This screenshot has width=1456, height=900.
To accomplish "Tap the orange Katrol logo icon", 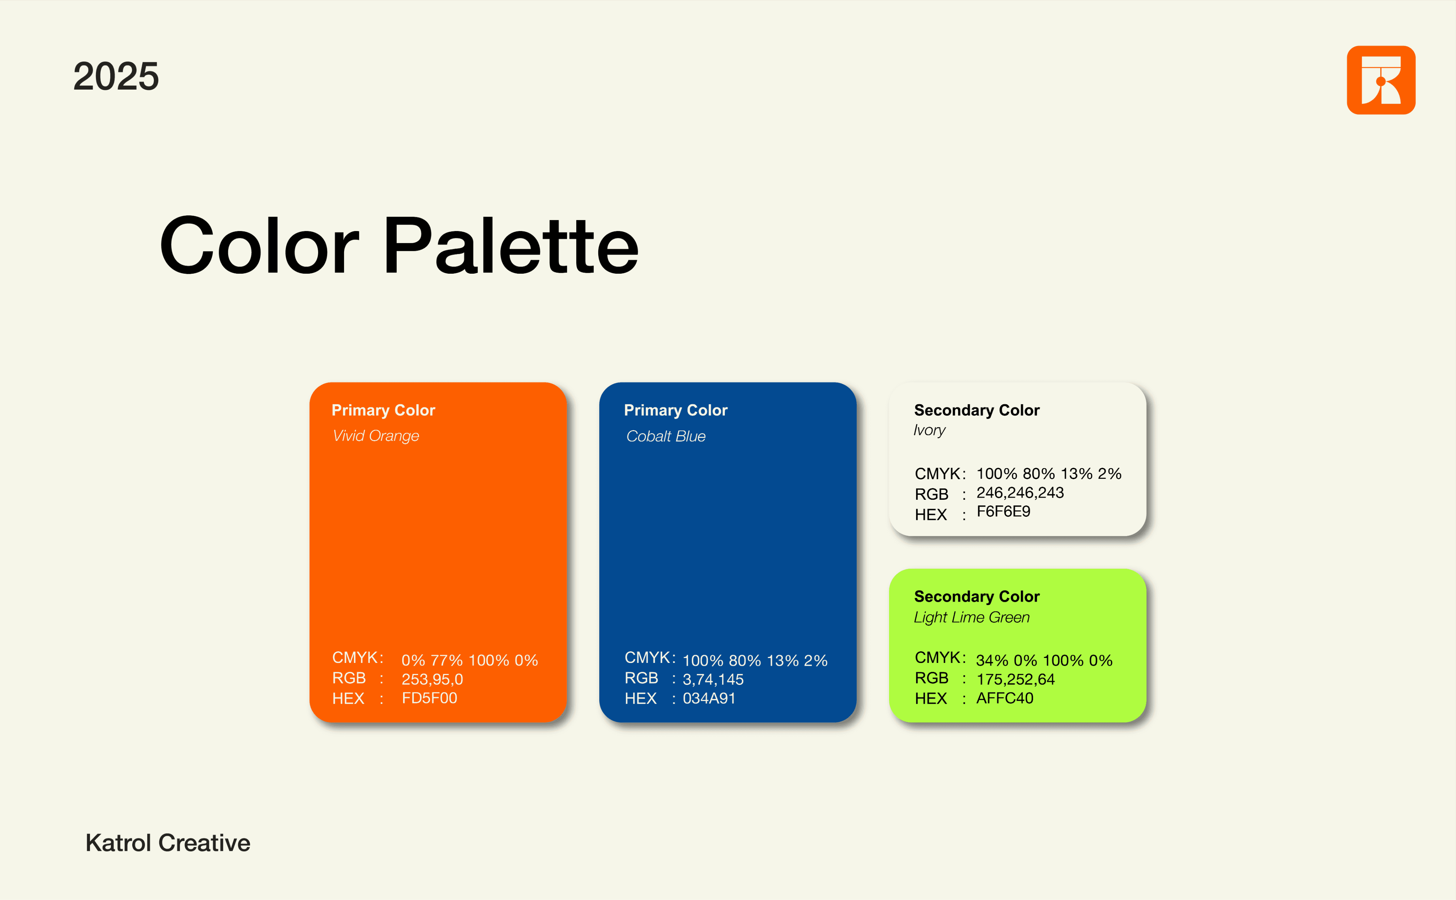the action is click(1381, 80).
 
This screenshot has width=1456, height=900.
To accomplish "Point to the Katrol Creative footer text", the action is click(168, 843).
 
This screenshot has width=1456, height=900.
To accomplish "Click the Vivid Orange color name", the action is click(376, 436).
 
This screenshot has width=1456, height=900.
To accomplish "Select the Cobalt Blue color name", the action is click(665, 436).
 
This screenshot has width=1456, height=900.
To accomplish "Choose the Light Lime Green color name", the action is click(971, 617).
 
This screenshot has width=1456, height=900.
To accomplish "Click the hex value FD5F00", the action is click(429, 698).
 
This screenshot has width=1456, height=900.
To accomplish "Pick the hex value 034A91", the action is click(709, 698).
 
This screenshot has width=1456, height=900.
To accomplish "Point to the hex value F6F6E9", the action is click(1003, 511).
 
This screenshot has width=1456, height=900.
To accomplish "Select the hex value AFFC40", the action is click(1005, 698).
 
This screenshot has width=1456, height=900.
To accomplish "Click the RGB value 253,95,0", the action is click(432, 679).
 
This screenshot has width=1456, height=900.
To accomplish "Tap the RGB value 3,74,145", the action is click(713, 679).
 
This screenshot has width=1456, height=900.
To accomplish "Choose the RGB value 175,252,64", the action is click(1016, 679).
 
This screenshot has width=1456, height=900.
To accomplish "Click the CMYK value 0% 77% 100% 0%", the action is click(470, 660).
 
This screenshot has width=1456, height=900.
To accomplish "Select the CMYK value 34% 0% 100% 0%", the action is click(1044, 660).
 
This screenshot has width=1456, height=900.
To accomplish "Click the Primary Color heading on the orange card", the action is click(383, 410).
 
